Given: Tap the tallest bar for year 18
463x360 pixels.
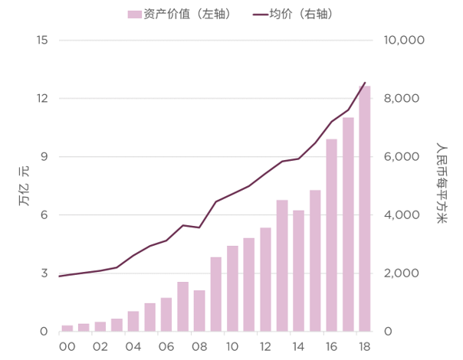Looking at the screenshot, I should (x=365, y=208).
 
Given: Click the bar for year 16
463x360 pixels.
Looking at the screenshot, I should (x=332, y=235).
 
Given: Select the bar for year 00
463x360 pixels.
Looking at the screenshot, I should (x=67, y=328).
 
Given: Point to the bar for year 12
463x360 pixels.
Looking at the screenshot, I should (x=265, y=280).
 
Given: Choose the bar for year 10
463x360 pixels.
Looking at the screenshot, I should (x=232, y=288).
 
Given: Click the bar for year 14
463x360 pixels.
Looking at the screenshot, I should (x=299, y=270).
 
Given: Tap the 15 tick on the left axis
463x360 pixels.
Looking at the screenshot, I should (x=42, y=40).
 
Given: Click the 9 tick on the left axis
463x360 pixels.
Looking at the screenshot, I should (x=44, y=156).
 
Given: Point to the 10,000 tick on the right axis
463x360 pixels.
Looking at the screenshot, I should (x=402, y=40).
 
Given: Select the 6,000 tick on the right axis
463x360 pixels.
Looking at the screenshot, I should (x=399, y=156).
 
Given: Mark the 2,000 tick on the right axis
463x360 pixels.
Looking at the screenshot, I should (x=399, y=273).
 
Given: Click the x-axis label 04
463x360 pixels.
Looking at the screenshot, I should (x=133, y=346).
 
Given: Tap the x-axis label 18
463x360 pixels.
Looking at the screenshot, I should (x=365, y=346).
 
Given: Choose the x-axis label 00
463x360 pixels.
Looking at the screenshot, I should (x=67, y=346).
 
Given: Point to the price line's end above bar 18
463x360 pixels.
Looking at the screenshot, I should (x=365, y=83).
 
